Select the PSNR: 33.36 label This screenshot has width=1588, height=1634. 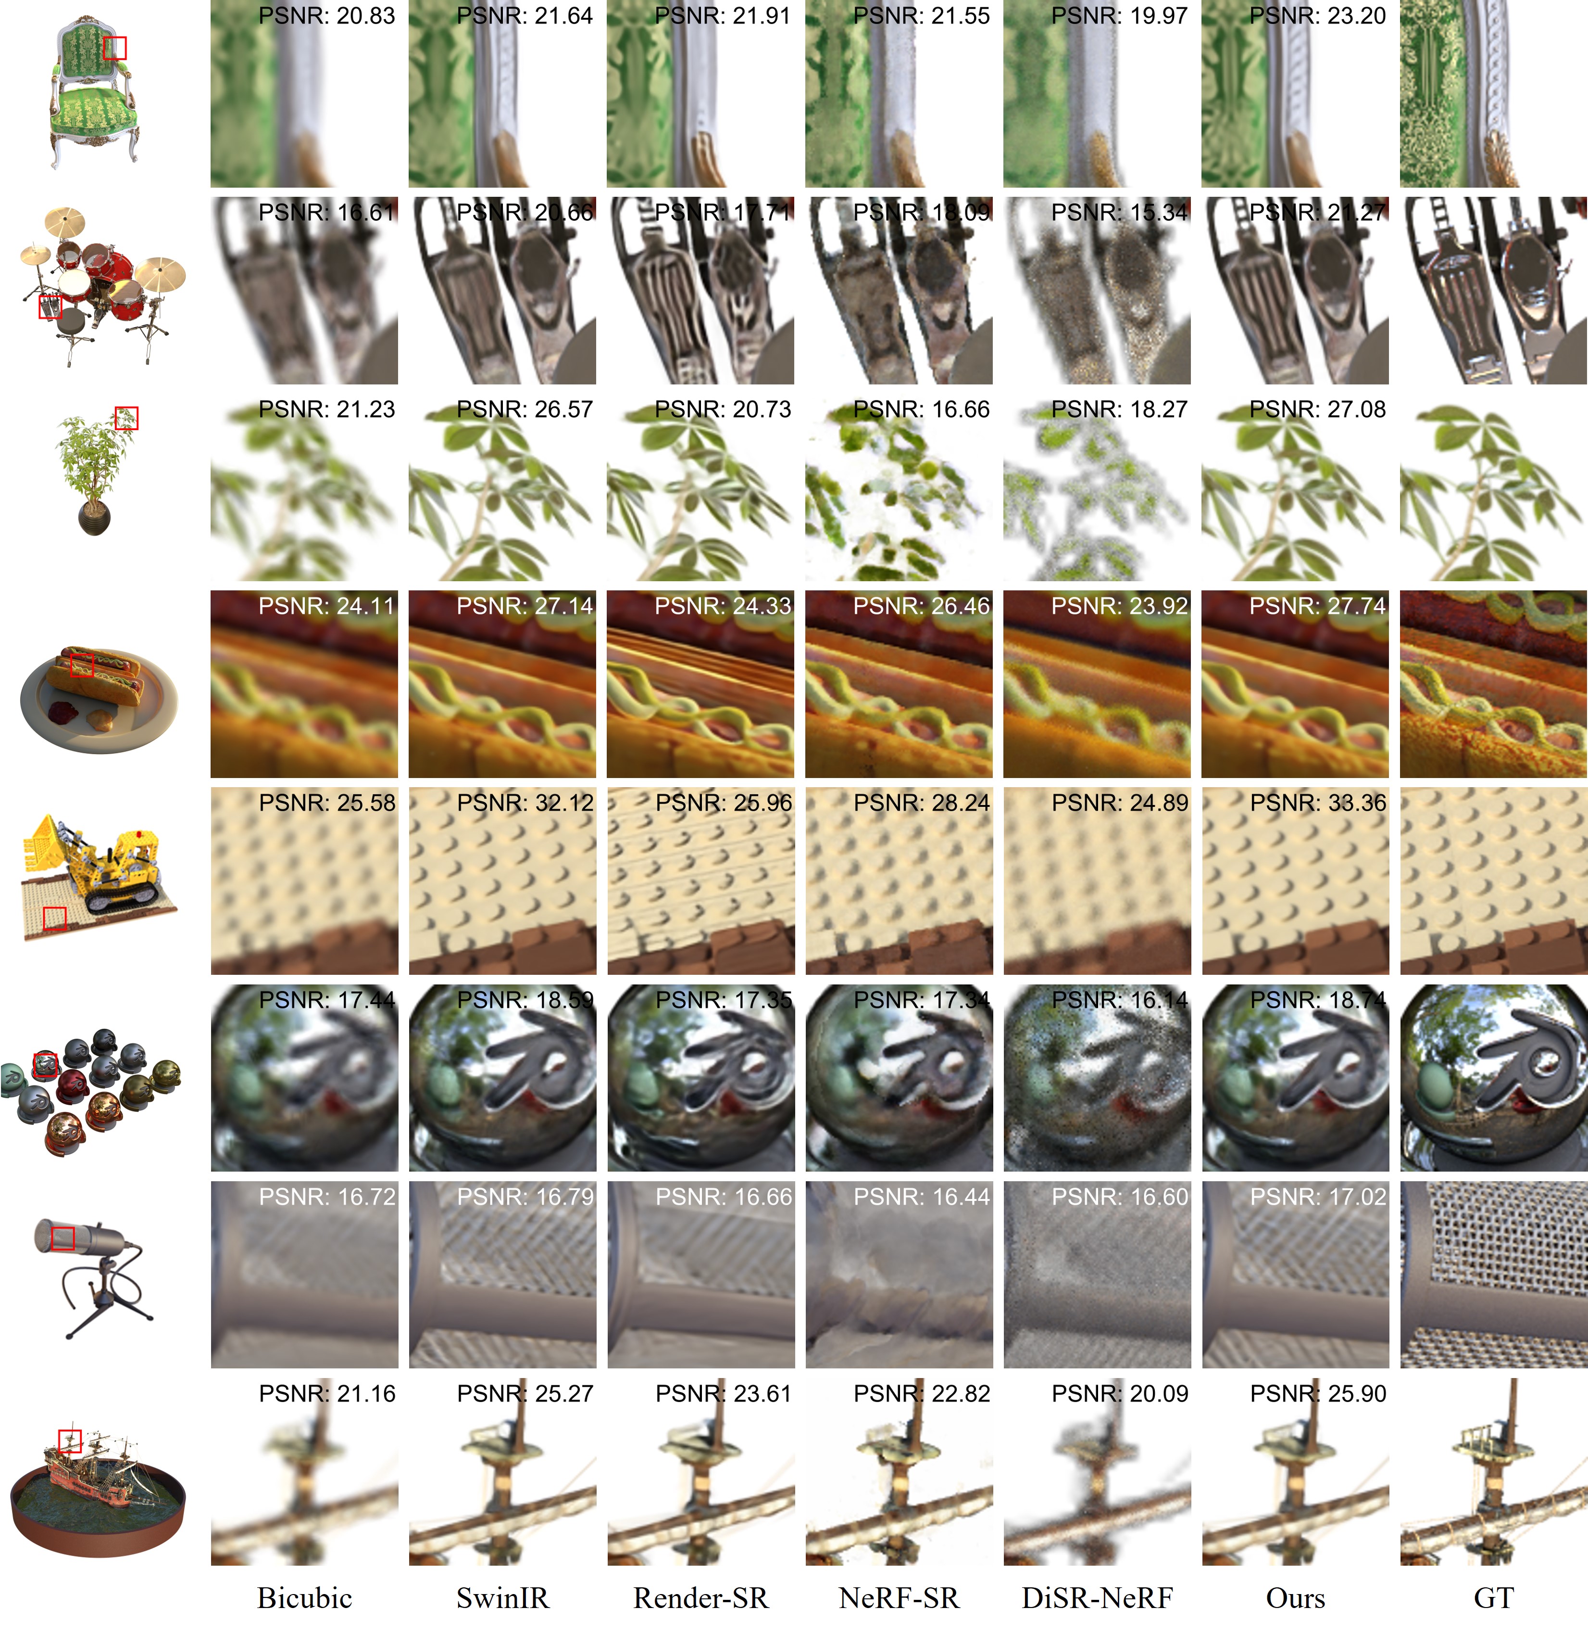tap(1318, 803)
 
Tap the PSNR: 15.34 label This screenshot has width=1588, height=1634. tap(1119, 213)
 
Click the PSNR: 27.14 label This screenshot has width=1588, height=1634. tap(525, 606)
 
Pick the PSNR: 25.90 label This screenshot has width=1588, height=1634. tap(1318, 1393)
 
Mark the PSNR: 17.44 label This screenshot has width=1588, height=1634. tap(327, 1000)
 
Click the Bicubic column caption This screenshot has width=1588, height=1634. tap(304, 1598)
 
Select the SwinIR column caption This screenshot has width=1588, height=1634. tap(503, 1598)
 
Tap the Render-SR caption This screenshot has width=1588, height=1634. tap(700, 1598)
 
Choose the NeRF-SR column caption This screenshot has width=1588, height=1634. tap(899, 1598)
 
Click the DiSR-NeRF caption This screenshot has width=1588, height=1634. tap(1098, 1598)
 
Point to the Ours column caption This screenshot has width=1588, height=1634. tap(1295, 1598)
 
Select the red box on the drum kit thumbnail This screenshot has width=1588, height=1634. tap(50, 306)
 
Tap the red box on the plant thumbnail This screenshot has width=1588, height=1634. tap(126, 418)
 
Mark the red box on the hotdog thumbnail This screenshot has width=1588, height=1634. tap(81, 665)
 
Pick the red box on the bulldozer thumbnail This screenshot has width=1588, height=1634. tap(54, 919)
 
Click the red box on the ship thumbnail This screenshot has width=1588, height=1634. tap(70, 1441)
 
